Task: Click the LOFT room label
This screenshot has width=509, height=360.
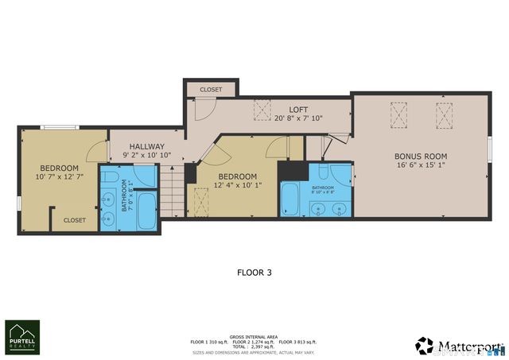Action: tap(298, 110)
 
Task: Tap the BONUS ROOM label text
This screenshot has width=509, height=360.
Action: tap(421, 157)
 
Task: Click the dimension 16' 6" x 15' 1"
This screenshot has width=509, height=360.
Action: tap(421, 167)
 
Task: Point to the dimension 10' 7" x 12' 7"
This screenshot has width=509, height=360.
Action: tap(60, 178)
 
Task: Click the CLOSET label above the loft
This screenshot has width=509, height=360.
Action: tap(211, 90)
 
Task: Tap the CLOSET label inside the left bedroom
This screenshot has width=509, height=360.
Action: tap(74, 220)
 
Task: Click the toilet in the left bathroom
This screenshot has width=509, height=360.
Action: tap(111, 176)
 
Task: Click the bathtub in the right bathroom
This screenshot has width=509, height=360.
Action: tap(289, 199)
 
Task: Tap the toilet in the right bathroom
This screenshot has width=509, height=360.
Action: tap(325, 172)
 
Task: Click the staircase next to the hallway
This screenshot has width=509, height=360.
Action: tap(173, 199)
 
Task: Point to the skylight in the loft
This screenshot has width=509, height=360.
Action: tap(261, 112)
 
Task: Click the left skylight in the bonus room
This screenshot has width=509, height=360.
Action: tap(398, 114)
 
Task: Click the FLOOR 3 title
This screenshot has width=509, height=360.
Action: tap(254, 273)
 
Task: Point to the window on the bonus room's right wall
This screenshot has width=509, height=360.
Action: tap(489, 156)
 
